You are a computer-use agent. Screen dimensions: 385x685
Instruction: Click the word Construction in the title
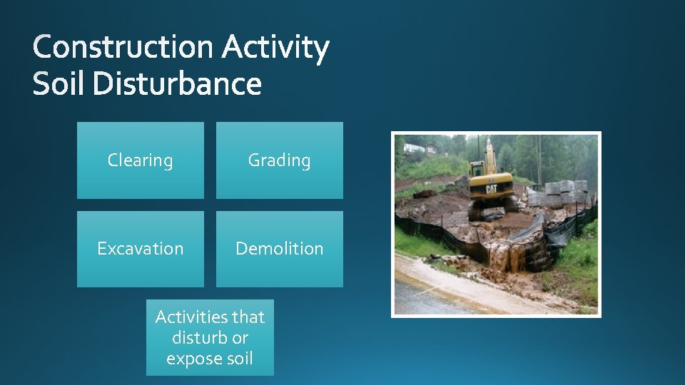123,48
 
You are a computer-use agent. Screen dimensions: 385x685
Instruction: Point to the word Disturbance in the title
176,85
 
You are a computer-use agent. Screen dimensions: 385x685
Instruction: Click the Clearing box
140,160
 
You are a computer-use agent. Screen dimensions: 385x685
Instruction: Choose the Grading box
279,160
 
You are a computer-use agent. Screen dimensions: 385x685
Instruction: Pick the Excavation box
140,249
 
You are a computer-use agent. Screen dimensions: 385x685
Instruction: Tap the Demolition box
279,249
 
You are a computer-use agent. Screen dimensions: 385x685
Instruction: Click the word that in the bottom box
248,317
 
